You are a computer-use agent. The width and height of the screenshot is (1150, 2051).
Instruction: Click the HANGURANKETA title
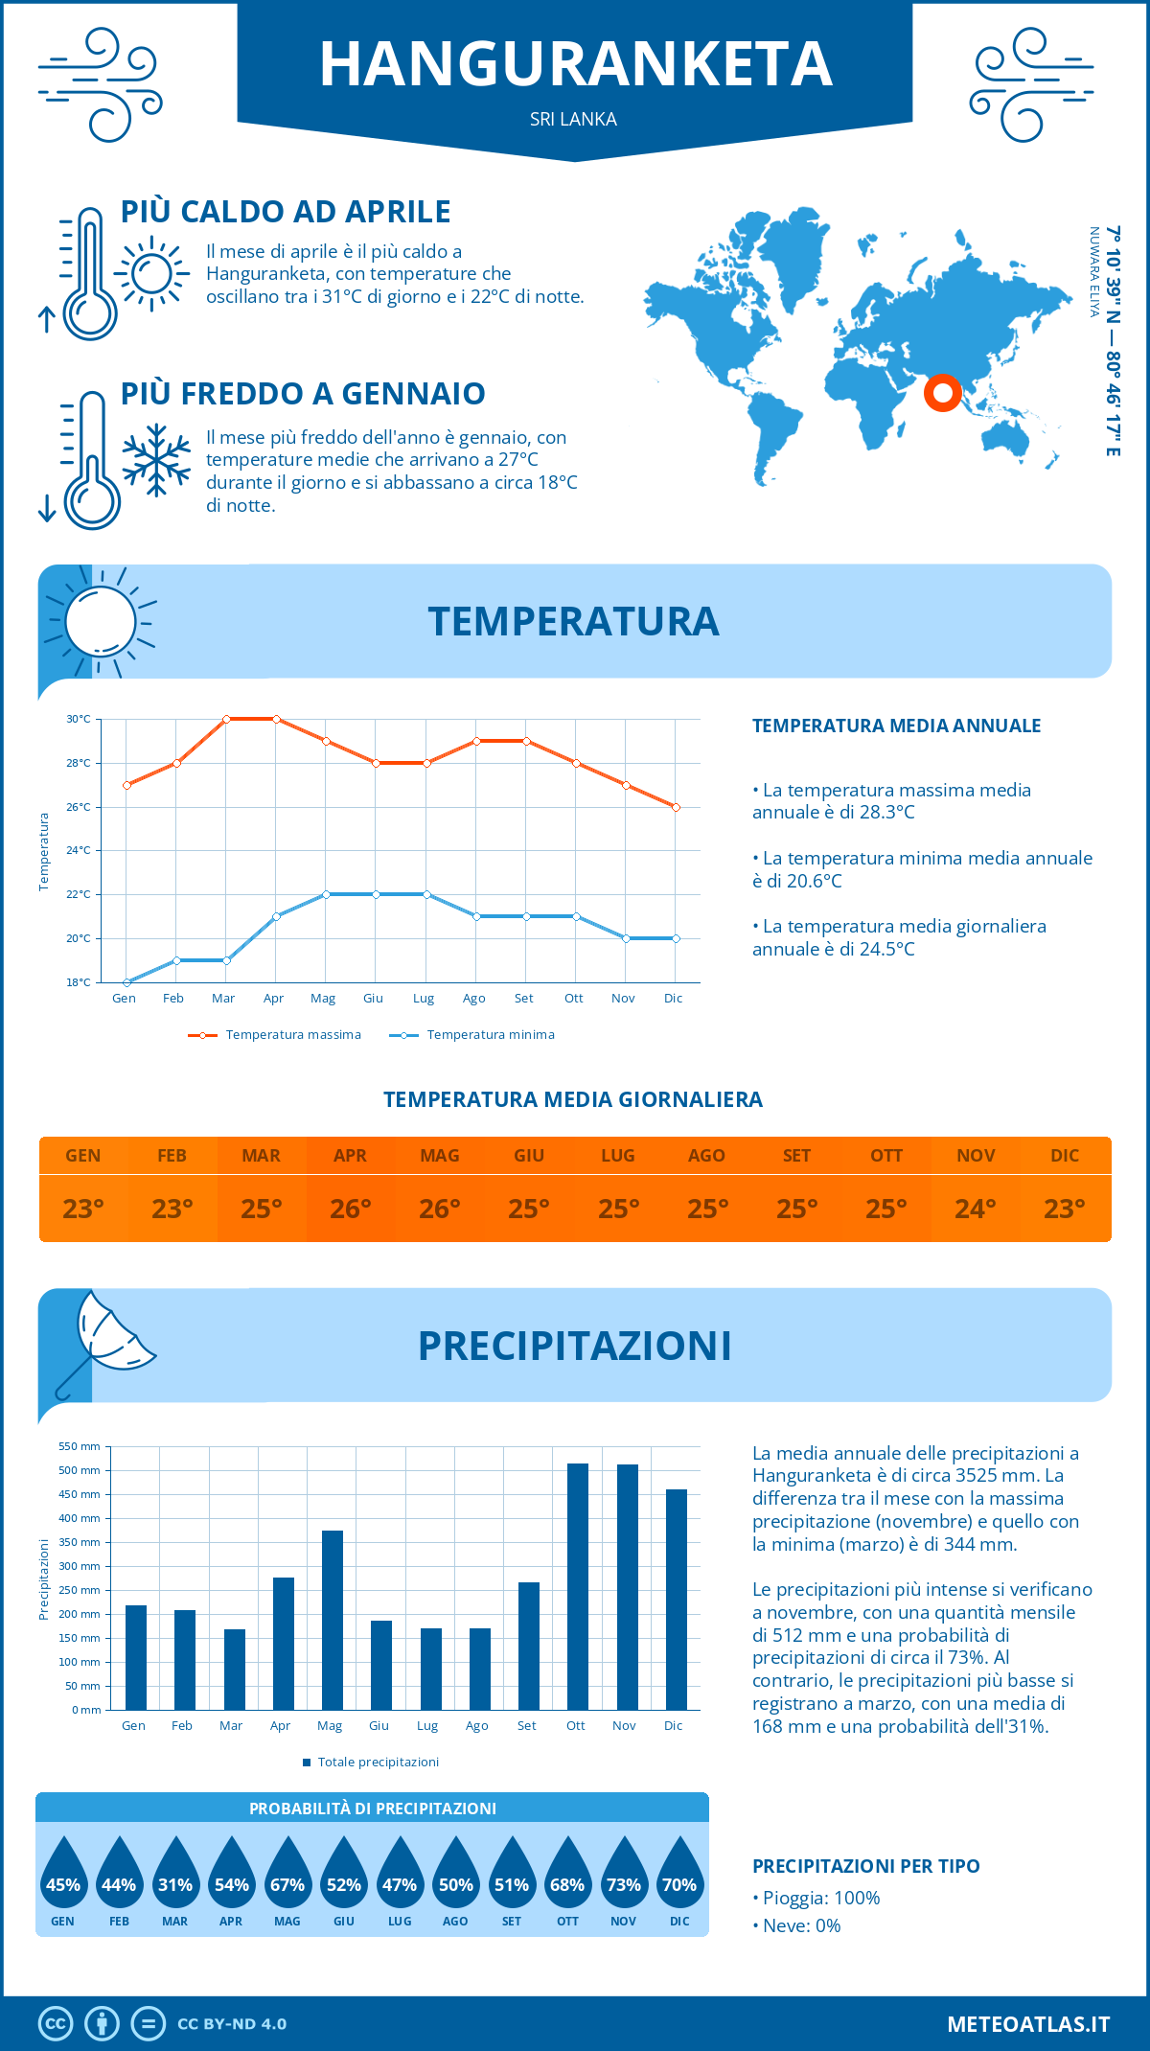(x=575, y=64)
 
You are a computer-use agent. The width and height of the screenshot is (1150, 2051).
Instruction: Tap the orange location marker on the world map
(x=942, y=392)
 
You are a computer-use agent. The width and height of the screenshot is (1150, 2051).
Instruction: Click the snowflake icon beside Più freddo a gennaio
(x=156, y=460)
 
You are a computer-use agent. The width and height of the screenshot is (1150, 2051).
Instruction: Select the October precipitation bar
(x=577, y=1586)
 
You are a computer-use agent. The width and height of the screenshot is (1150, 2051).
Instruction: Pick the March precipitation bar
(x=234, y=1669)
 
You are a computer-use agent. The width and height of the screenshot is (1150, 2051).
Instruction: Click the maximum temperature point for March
(x=226, y=719)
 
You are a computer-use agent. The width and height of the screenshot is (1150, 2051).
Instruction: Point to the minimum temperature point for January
(x=126, y=982)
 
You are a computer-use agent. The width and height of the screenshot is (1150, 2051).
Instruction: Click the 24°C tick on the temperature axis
(x=79, y=850)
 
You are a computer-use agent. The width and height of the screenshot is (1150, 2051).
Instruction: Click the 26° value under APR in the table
(x=351, y=1209)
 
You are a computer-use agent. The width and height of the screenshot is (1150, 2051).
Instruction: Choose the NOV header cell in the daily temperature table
(x=976, y=1155)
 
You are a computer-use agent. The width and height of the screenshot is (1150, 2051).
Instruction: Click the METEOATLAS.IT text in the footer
(x=1027, y=2023)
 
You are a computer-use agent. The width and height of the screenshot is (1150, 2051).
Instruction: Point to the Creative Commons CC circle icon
(x=56, y=2023)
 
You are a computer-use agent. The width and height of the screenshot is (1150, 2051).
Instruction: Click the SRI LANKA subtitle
(x=573, y=119)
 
